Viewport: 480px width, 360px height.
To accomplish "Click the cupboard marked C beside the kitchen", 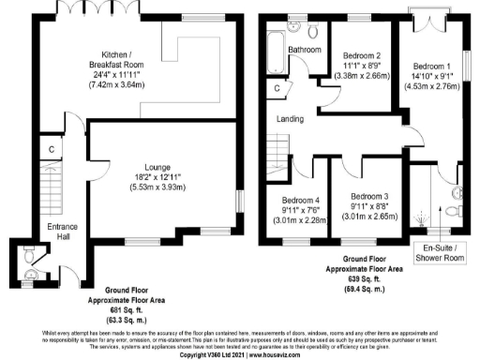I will (x=52, y=148).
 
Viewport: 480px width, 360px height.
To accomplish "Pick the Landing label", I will (x=291, y=119).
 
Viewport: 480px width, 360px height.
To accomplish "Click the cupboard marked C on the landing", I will (x=277, y=89).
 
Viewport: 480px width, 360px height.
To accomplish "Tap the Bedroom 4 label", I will (x=292, y=199).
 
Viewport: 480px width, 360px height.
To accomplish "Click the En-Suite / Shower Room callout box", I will (x=440, y=252).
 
